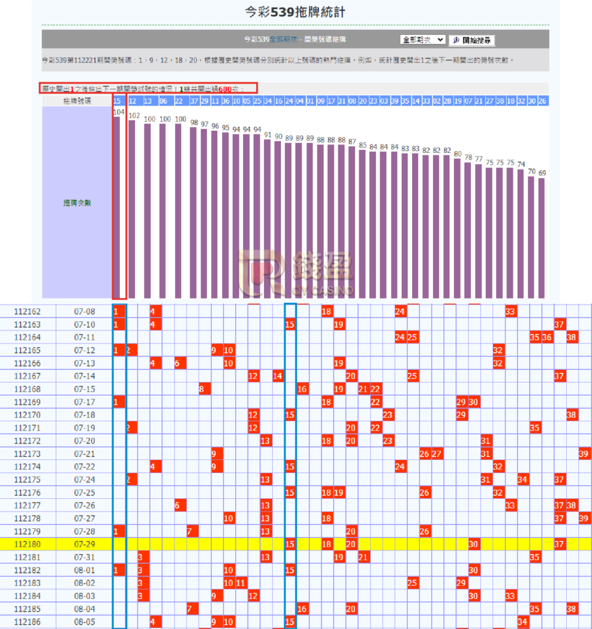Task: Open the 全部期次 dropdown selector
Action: (x=423, y=40)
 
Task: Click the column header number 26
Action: (x=542, y=101)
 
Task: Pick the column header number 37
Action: (x=193, y=101)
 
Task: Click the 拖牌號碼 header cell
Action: (x=77, y=101)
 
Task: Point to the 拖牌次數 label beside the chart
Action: (x=77, y=203)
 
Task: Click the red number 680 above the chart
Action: (x=225, y=89)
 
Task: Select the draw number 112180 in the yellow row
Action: (x=27, y=544)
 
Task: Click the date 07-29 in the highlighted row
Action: (x=85, y=544)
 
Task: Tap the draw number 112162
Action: (x=27, y=311)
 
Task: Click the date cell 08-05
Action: (x=85, y=622)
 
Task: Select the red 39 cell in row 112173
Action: (x=584, y=454)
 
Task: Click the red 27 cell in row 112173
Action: (x=437, y=454)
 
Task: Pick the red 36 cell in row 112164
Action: (x=547, y=337)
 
